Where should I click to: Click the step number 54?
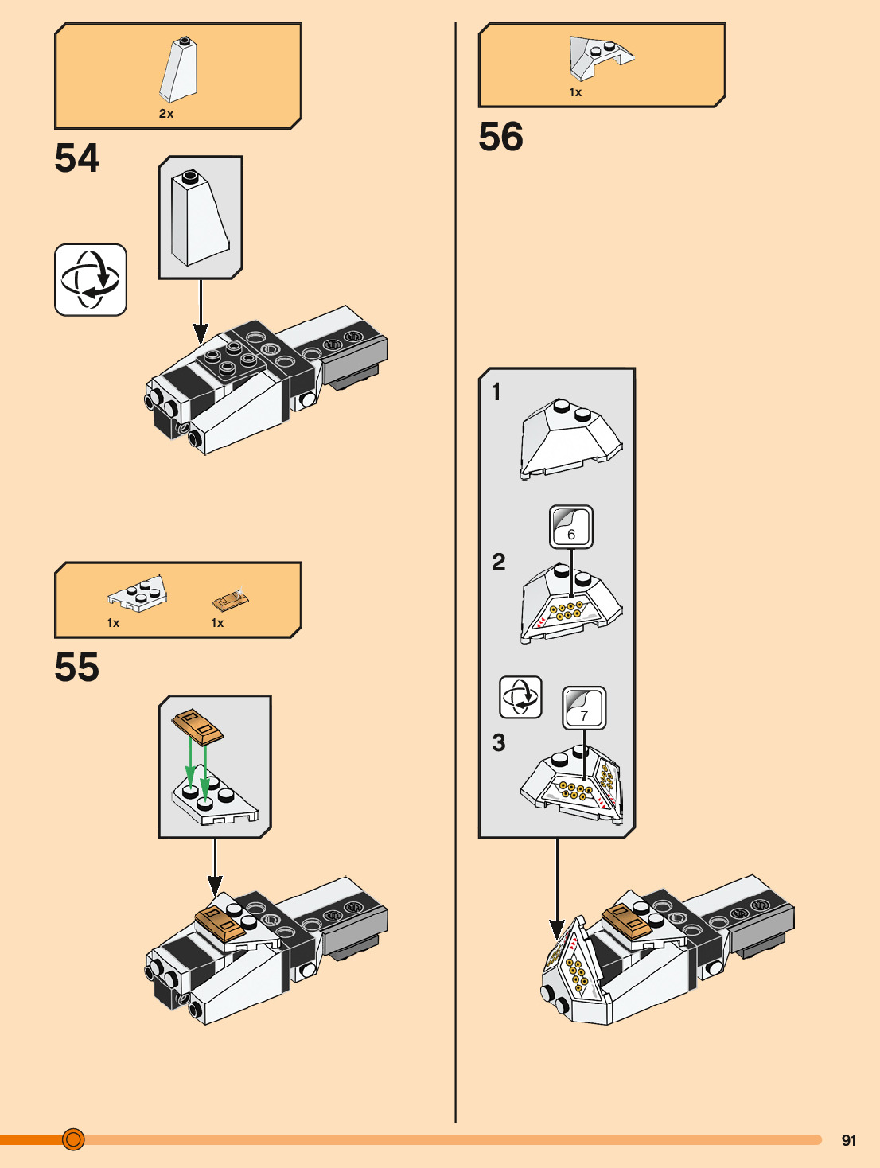coord(77,158)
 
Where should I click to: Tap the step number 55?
coord(77,668)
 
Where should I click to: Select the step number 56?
coord(501,137)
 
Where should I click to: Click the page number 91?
coord(849,1140)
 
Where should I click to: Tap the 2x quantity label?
coord(166,114)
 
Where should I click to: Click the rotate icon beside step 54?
coord(91,280)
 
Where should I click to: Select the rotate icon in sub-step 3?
coord(520,697)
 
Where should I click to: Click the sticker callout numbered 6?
coord(571,527)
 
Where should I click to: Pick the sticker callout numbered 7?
coord(584,708)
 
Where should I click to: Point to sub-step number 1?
coord(496,392)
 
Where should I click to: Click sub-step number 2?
coord(498,563)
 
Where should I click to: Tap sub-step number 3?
coord(498,743)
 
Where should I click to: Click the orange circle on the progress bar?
coord(73,1139)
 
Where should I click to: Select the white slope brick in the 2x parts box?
coord(180,71)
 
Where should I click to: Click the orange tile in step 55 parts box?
coord(230,599)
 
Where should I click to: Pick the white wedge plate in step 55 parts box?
coord(138,594)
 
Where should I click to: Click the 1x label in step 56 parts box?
coord(575,92)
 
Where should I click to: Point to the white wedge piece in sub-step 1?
coord(570,439)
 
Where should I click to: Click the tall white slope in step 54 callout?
coord(199,218)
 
